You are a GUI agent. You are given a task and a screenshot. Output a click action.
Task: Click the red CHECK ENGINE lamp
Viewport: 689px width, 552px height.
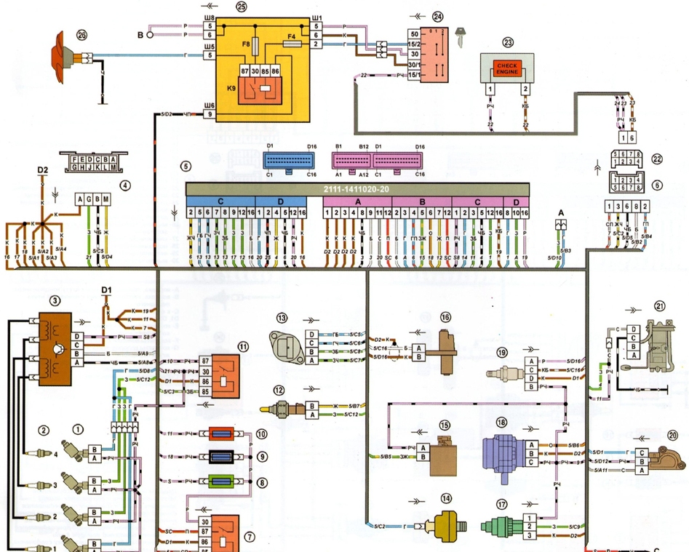tap(506, 69)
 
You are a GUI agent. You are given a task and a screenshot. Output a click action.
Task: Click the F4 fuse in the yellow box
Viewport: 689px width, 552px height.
tap(292, 44)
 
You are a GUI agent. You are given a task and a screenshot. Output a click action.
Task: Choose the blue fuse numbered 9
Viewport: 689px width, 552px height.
tap(220, 457)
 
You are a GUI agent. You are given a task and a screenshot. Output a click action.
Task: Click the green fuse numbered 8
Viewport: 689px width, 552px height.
tap(220, 481)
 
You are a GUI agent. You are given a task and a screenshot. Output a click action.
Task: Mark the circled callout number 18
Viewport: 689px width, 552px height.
tap(501, 423)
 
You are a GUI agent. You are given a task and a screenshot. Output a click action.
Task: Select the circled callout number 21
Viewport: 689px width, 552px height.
tap(659, 305)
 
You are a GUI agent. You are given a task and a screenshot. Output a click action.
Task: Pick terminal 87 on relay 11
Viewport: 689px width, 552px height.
tap(205, 361)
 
